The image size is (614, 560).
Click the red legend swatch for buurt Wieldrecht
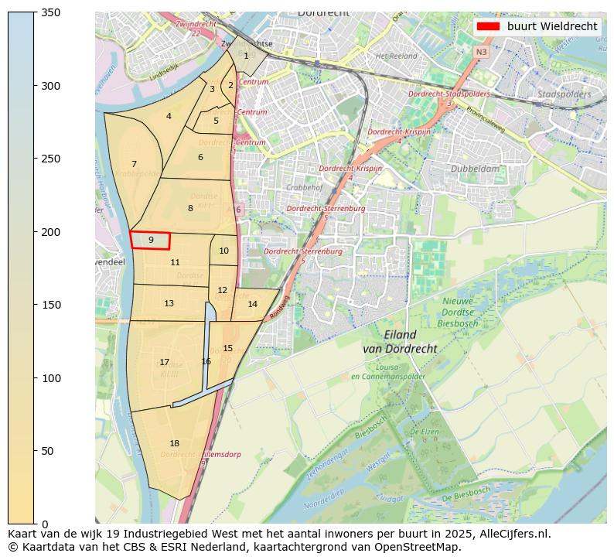point(489,26)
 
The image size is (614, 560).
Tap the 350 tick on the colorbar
point(35,12)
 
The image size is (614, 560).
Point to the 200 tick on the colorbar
point(35,232)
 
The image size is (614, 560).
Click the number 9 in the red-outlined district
point(151,241)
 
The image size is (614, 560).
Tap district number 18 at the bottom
point(174,443)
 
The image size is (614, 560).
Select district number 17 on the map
point(164,362)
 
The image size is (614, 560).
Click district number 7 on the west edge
point(134,164)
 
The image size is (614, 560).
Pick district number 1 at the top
point(246,56)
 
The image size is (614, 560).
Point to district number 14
point(252,304)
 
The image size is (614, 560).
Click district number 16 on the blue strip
point(206,361)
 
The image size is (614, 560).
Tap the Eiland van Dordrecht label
point(400,342)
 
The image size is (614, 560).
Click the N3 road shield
point(481,52)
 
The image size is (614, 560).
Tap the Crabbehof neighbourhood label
point(304,187)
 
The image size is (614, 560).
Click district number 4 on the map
point(169,117)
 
